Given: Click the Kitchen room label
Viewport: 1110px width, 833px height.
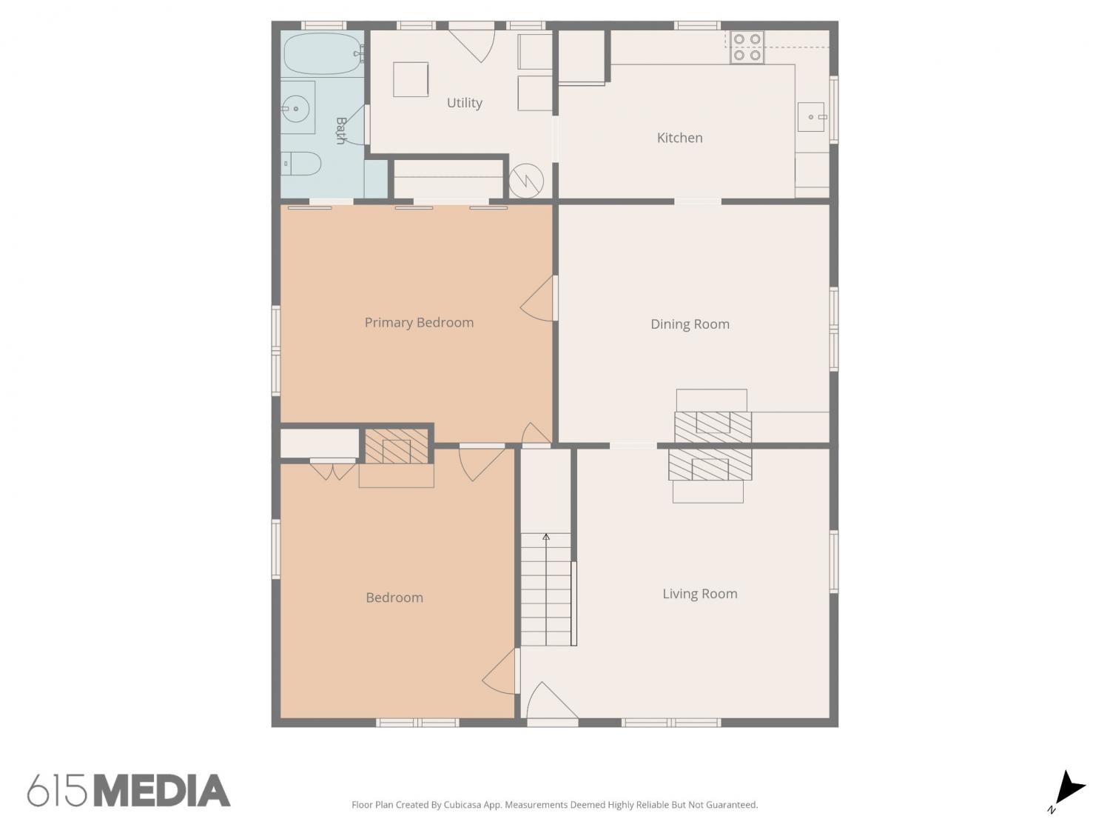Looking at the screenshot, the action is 679,138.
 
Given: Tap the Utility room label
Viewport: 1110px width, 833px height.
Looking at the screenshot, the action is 464,103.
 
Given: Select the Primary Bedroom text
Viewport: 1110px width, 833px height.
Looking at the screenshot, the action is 419,323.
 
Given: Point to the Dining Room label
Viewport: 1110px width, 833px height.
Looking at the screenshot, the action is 690,324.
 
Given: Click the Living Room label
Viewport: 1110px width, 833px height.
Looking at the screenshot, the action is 700,593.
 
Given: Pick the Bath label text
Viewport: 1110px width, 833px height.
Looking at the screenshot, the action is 341,130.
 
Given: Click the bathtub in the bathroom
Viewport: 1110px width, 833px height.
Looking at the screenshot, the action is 323,54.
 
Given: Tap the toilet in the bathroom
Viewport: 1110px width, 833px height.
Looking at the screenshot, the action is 301,164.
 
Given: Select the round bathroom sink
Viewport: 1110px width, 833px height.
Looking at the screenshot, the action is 295,109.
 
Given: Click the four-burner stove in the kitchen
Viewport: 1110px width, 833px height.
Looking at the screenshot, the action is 747,47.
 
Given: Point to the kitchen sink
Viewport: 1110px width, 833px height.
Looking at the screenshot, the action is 810,117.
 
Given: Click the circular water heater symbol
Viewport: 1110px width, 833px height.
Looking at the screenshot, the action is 526,181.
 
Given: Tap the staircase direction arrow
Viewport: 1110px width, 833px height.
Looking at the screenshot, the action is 545,589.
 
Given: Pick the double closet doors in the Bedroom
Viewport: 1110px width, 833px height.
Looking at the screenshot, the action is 332,470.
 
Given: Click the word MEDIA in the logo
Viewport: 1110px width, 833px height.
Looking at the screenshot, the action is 163,791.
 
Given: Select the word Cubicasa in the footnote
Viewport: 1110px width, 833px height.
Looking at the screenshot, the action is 462,805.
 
